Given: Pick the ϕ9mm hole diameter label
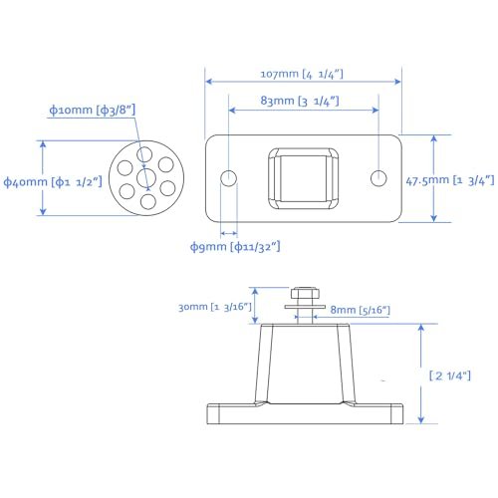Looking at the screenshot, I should [x=234, y=245].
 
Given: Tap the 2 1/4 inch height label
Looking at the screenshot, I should [x=450, y=374].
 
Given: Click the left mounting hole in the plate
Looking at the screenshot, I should [x=229, y=178].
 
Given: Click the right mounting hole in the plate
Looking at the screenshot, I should [x=378, y=178].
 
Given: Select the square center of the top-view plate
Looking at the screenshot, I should [x=303, y=178].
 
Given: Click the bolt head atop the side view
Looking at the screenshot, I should [x=304, y=295].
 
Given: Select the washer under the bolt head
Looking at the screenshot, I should [x=304, y=308].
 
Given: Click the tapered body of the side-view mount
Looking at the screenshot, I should [x=304, y=364].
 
